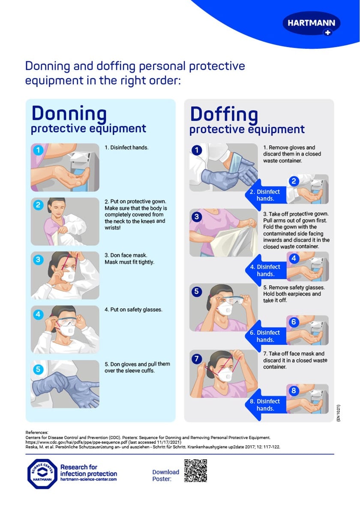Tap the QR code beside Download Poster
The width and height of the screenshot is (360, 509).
point(195,470)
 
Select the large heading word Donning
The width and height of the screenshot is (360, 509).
point(69,113)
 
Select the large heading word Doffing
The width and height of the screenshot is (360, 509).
point(224,114)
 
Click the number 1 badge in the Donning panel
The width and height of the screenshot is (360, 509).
point(39,151)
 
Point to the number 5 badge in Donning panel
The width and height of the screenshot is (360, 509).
point(39,369)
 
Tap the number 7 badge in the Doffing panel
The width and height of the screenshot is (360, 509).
point(197,358)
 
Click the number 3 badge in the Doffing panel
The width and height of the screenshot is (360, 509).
point(197,217)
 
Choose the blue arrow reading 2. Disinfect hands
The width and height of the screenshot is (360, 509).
point(263,195)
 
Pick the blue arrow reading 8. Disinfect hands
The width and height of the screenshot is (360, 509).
point(263,405)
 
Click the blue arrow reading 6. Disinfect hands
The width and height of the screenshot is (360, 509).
point(263,336)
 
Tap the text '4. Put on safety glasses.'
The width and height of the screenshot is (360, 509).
point(133,310)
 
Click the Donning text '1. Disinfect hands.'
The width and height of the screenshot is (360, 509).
point(126,148)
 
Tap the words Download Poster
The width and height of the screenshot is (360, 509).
point(165,475)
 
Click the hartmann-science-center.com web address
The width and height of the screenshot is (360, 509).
point(88,479)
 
